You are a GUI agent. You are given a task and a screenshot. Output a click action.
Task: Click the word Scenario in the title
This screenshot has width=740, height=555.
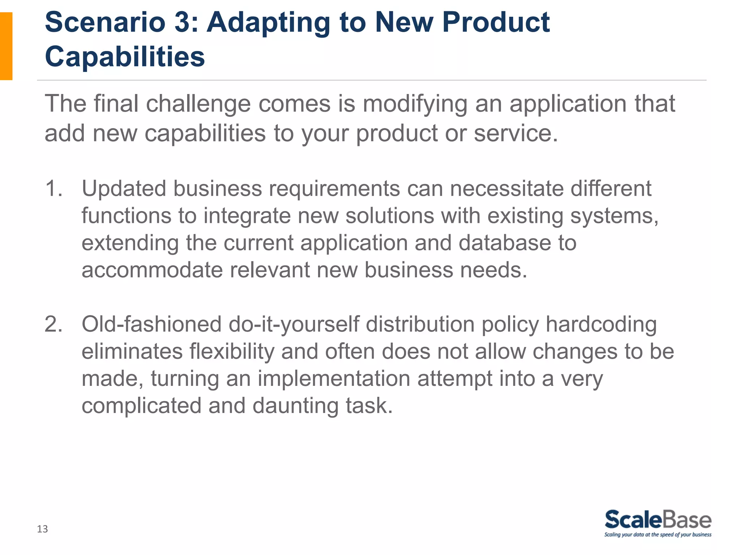click(105, 22)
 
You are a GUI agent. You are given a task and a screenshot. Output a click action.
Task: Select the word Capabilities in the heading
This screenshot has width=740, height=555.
click(125, 57)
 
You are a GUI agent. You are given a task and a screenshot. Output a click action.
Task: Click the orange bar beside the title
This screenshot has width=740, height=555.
click(6, 46)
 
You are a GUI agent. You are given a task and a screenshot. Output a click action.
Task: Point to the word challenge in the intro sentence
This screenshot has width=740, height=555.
click(198, 104)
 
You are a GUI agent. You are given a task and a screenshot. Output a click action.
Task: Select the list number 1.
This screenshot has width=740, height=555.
click(53, 189)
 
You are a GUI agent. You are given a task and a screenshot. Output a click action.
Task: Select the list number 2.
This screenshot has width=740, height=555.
click(53, 324)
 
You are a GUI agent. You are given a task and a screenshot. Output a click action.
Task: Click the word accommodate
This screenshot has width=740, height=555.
click(152, 270)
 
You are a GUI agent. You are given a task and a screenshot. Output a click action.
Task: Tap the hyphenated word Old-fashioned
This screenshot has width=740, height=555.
click(151, 324)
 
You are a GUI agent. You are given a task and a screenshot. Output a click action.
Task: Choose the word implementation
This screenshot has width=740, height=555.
click(334, 379)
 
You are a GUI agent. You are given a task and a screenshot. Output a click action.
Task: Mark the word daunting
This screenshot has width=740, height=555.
click(295, 406)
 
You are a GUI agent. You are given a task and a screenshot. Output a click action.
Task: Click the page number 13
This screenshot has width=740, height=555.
click(42, 529)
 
